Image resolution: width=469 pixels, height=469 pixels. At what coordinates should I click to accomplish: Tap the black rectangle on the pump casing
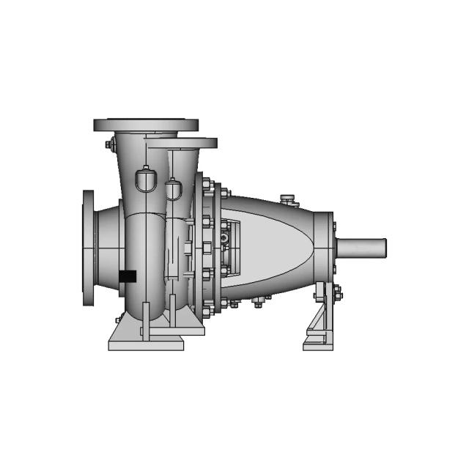click(x=128, y=276)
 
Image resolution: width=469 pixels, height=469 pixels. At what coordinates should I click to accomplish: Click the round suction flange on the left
click(x=89, y=249)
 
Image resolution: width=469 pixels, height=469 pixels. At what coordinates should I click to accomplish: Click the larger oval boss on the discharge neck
click(x=145, y=178)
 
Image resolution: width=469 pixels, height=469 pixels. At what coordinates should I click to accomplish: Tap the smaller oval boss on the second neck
click(x=174, y=189)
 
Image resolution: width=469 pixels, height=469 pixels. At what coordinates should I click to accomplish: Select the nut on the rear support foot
click(x=338, y=296)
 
